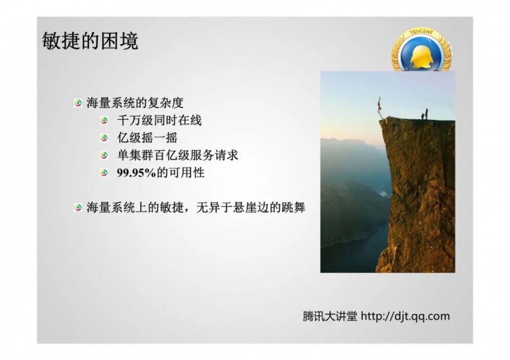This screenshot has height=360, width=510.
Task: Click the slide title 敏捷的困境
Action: tap(90, 41)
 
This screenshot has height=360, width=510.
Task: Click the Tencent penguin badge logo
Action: tap(421, 52)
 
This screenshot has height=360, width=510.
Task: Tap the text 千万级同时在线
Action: tap(159, 121)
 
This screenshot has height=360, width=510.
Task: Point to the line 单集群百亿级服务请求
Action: tap(177, 155)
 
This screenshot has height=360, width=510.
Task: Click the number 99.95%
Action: tap(135, 172)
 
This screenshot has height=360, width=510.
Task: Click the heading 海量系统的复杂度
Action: tap(135, 103)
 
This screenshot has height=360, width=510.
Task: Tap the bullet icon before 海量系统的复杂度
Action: tap(78, 103)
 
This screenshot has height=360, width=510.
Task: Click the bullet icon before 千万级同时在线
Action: tap(105, 121)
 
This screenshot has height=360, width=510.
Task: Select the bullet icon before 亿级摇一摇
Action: tap(105, 138)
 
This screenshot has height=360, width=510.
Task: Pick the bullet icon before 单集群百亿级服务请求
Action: tap(105, 156)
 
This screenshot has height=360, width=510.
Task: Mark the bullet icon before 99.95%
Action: tap(105, 173)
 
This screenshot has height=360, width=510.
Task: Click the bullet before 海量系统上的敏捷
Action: tap(78, 208)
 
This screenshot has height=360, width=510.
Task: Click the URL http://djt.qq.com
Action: tap(405, 316)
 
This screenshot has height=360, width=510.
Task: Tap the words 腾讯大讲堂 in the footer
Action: tap(330, 316)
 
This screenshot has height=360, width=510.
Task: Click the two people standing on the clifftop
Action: tap(424, 114)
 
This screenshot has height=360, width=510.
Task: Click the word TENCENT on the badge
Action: tap(421, 33)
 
